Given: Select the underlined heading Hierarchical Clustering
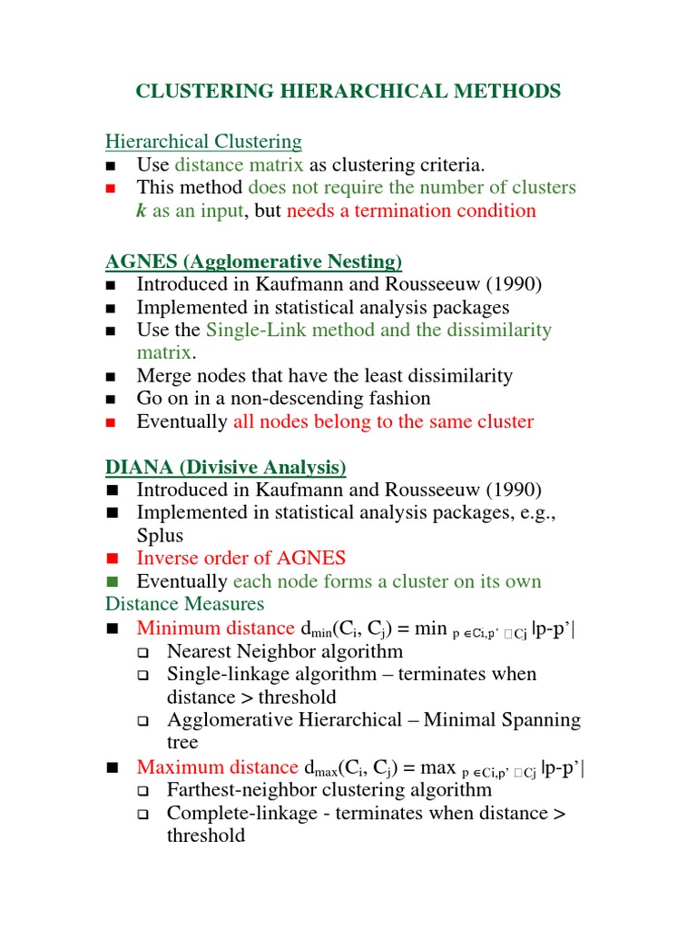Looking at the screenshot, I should [203, 142].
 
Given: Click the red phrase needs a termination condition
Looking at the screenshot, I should [411, 211].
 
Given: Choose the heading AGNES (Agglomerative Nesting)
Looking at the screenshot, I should [253, 262].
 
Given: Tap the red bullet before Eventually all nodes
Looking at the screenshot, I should [112, 422].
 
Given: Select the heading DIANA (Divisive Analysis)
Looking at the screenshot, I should [225, 468].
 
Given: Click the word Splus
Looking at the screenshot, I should [160, 536].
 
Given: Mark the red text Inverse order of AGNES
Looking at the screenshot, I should [241, 559].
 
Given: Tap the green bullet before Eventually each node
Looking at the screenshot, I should [112, 582].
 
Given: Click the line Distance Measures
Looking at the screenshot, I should [184, 604].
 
